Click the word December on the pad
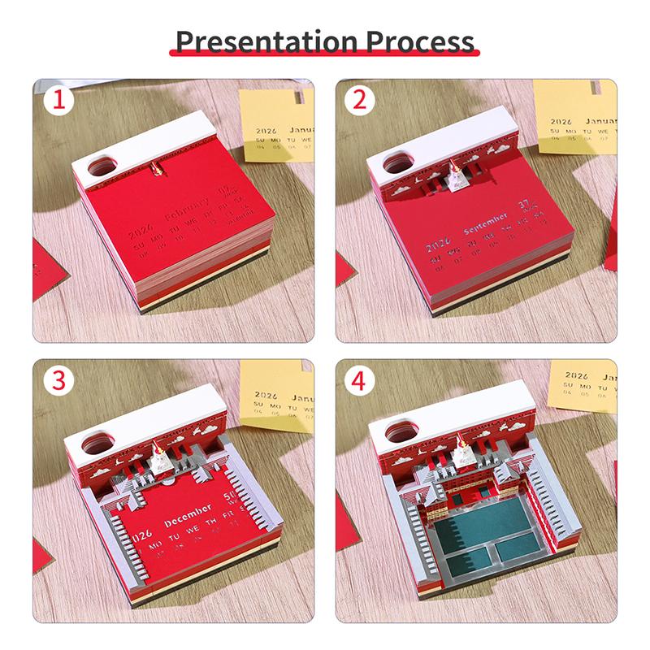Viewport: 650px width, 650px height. coord(188,520)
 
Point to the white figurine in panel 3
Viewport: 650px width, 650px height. coord(159,455)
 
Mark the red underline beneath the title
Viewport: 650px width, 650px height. coord(325,59)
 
